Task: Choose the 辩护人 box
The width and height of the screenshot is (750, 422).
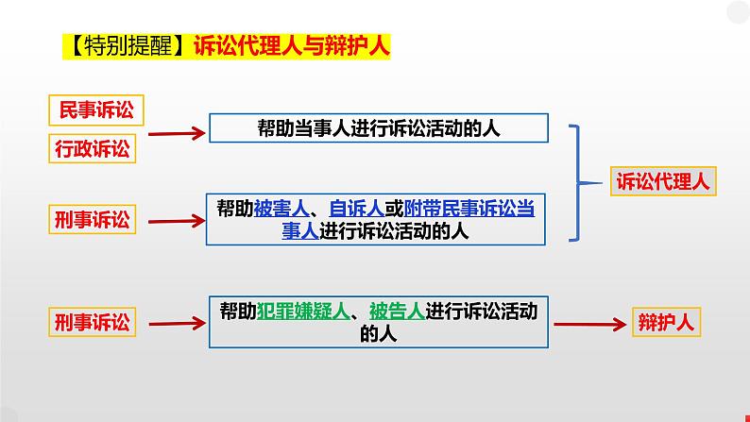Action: pos(668,323)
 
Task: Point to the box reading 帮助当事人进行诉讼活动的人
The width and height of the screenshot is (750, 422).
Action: pos(378,127)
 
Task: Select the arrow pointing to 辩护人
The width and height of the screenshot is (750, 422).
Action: pos(589,323)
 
